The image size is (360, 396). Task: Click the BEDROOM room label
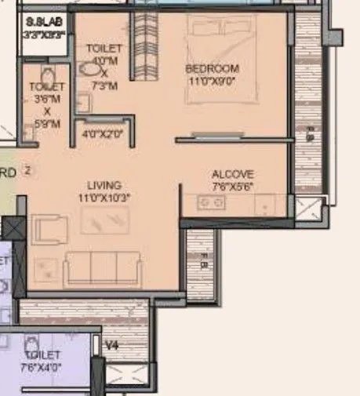tap(212, 69)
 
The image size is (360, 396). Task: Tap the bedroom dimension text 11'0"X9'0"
tap(212, 80)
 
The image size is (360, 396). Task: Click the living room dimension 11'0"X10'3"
tap(104, 198)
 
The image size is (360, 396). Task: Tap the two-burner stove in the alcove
tap(213, 202)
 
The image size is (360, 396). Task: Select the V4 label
tap(112, 343)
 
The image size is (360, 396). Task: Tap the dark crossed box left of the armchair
tap(13, 230)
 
